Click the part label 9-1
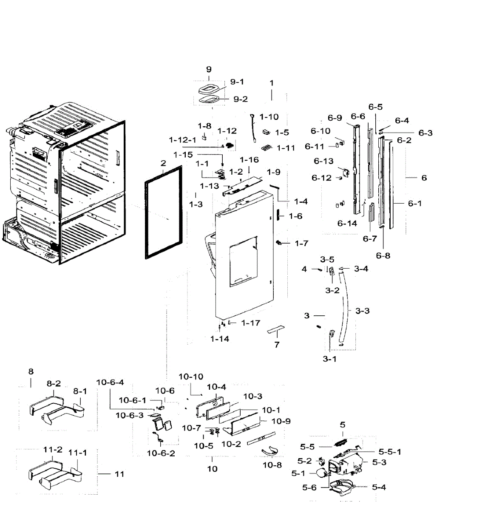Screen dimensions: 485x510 coord(237,82)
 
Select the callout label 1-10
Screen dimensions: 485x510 coord(269,117)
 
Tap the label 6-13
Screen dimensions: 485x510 coord(323,161)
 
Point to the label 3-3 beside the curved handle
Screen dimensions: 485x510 coord(362,311)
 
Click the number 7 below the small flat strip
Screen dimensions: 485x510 coord(277,345)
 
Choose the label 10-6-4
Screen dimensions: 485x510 coord(110,382)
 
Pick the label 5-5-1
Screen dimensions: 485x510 coord(390,452)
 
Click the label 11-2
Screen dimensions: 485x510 coord(53,450)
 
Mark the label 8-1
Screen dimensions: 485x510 coord(80,391)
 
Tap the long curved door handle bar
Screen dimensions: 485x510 coord(344,309)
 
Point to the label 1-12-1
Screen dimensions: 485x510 coord(183,140)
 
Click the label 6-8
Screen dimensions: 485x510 coord(383,256)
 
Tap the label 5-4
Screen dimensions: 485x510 coord(379,487)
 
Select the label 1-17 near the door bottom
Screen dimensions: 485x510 coord(251,323)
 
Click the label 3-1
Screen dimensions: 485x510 coord(329,359)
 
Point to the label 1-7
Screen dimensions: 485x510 coord(301,244)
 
